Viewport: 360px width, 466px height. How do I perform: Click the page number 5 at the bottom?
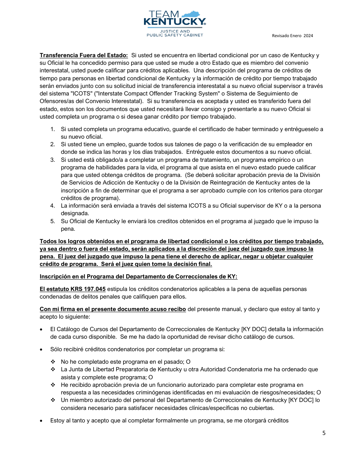[x=324, y=433]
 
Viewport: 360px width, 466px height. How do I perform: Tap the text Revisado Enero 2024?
[x=292, y=36]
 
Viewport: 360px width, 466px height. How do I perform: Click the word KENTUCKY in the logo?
[x=174, y=22]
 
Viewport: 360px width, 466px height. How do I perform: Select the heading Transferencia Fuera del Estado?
[x=84, y=55]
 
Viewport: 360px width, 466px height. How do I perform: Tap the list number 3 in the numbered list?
[x=53, y=160]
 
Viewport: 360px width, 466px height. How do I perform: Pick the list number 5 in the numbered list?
[x=53, y=221]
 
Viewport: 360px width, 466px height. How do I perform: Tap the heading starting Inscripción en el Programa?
[x=138, y=277]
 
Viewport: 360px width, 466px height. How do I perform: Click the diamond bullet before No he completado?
[x=53, y=362]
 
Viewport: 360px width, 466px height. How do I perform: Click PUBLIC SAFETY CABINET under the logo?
[x=175, y=35]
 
